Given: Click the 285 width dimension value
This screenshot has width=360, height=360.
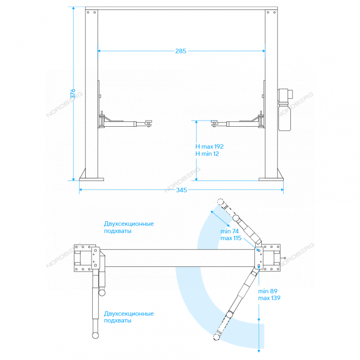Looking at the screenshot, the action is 180,51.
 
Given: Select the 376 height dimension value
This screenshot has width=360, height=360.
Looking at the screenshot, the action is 73,94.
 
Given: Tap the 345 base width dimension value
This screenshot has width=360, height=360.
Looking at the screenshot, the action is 181,190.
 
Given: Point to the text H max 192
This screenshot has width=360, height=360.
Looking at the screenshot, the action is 209,146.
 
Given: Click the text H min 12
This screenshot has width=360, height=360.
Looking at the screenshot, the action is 207,154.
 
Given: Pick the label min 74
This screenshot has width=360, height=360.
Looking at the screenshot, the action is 229,231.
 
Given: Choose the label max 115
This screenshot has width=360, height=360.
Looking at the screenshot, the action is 231,238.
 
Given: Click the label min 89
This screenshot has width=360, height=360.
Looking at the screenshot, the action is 268,291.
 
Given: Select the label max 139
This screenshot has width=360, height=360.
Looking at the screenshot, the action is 269,298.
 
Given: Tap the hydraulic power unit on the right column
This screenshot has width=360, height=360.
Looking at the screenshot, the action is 285,109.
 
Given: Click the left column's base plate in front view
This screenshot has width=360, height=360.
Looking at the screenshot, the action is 91,180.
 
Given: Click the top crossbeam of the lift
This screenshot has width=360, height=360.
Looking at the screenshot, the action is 181,9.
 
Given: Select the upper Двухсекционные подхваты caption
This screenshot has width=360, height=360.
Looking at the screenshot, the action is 129,227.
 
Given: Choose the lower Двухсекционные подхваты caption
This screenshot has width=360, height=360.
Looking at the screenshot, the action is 129,317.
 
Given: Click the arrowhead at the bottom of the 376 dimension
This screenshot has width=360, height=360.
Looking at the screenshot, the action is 73,179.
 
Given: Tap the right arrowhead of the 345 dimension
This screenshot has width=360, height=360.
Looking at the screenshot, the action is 282,190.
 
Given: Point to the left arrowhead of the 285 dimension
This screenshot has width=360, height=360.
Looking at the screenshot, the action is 99,51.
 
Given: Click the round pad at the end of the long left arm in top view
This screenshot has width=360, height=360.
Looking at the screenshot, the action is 96,335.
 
